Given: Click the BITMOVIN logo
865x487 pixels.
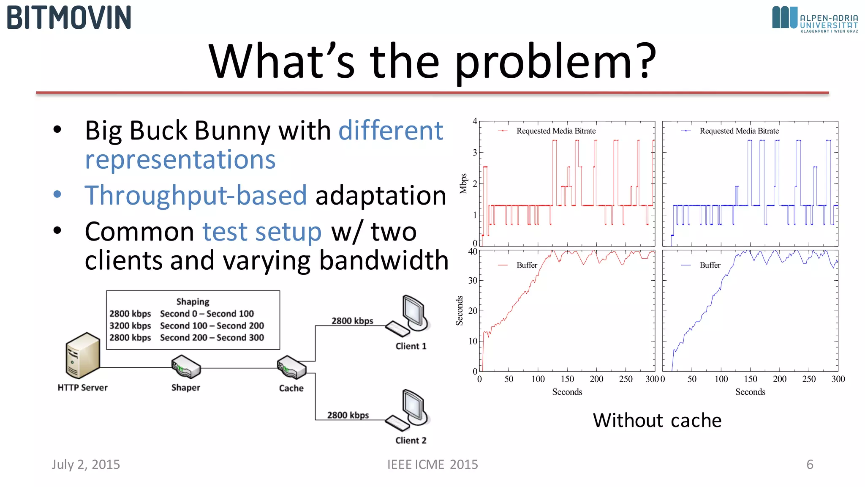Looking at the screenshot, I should [x=69, y=18].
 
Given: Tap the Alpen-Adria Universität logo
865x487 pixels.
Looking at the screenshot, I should [x=815, y=19].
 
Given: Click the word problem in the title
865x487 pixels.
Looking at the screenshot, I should [x=555, y=62].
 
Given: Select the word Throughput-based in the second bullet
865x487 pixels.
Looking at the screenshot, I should [x=196, y=195].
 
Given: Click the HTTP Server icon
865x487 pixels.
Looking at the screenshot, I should [x=83, y=355].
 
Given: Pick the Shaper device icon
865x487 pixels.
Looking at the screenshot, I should [x=186, y=367].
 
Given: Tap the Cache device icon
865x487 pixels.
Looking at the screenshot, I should [x=291, y=367].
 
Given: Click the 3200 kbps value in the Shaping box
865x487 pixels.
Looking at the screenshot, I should [x=130, y=326].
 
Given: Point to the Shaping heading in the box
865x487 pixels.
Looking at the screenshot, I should [x=193, y=302].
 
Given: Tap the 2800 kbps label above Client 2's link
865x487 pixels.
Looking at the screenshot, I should [x=348, y=415].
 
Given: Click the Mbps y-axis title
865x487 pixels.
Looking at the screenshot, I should [x=463, y=183].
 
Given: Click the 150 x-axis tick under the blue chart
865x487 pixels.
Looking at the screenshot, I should [x=750, y=379].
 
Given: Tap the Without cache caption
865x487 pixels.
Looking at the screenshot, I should [x=657, y=421].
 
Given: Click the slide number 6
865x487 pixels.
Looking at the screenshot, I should [x=810, y=465].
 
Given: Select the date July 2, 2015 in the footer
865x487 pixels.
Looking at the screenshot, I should [x=86, y=465].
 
